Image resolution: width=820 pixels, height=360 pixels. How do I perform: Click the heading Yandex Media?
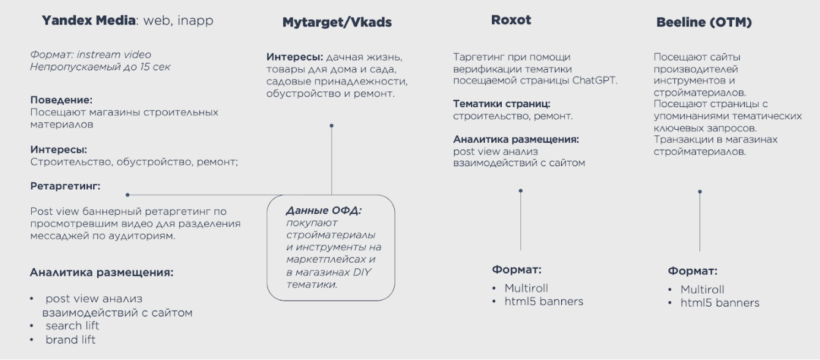click(x=88, y=21)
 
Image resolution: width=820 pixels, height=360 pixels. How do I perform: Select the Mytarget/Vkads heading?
click(x=337, y=23)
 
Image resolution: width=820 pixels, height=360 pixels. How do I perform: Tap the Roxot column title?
click(x=511, y=20)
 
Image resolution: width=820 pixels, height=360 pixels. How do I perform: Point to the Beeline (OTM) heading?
click(x=704, y=23)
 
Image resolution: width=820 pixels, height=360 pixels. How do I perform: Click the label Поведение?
click(x=61, y=100)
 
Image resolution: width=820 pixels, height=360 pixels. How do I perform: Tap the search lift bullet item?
click(x=72, y=326)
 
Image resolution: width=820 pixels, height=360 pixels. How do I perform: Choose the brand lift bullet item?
click(x=70, y=340)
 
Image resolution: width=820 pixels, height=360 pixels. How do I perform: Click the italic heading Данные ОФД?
click(x=324, y=211)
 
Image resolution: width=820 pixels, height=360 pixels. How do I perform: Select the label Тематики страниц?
click(x=501, y=103)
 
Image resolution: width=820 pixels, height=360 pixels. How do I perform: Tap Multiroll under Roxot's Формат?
click(x=526, y=288)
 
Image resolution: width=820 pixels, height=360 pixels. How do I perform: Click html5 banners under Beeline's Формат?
click(x=720, y=302)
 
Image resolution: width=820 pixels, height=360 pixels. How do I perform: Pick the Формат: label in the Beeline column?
click(x=692, y=271)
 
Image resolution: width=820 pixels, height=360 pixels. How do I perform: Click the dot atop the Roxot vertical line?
click(x=520, y=190)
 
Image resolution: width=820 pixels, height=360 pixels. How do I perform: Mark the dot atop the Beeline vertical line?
click(x=699, y=192)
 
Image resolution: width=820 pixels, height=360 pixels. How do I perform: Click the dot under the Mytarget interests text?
click(x=331, y=126)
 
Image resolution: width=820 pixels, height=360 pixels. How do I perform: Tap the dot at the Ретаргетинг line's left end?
click(x=127, y=195)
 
